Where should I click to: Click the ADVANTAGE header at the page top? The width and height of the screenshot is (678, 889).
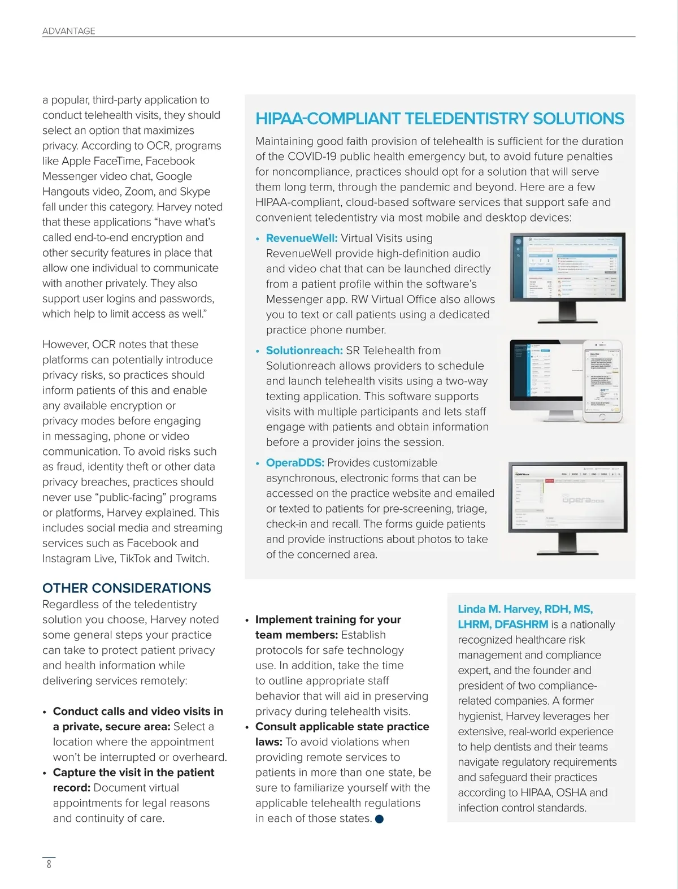pyautogui.click(x=69, y=31)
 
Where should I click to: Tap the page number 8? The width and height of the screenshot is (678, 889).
pyautogui.click(x=49, y=864)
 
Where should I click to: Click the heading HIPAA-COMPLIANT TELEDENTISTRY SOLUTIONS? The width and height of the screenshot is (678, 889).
pyautogui.click(x=440, y=119)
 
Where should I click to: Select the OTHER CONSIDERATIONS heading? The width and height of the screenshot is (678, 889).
pyautogui.click(x=127, y=588)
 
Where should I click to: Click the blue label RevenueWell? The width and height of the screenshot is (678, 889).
pyautogui.click(x=302, y=238)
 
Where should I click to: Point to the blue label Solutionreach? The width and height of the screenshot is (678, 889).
pyautogui.click(x=305, y=350)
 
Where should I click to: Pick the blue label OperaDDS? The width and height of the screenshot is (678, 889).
pyautogui.click(x=295, y=463)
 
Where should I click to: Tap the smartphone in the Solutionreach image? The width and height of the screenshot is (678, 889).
pyautogui.click(x=602, y=381)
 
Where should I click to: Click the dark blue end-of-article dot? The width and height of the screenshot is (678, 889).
pyautogui.click(x=379, y=819)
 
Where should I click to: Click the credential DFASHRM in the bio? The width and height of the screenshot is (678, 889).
pyautogui.click(x=521, y=625)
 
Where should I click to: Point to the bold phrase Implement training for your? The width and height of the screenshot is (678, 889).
pyautogui.click(x=328, y=620)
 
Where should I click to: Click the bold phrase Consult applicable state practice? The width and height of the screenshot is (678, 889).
pyautogui.click(x=342, y=727)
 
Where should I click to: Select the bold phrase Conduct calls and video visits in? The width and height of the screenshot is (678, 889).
pyautogui.click(x=138, y=712)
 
